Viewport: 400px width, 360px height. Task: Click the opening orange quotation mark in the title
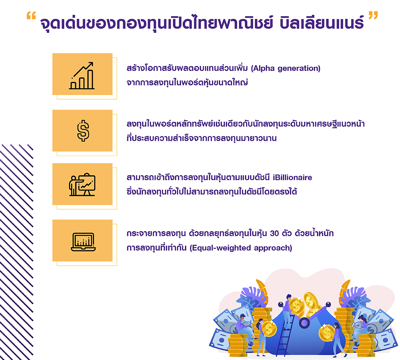[x=31, y=16]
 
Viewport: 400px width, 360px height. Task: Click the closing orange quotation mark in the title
[x=373, y=16]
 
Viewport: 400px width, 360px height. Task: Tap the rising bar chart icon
[x=82, y=76]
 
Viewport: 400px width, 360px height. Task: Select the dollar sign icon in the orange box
[x=83, y=131]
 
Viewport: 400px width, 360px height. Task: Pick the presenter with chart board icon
[x=82, y=185]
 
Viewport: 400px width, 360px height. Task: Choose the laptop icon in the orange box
[x=83, y=242]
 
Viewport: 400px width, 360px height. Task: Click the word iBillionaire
[x=292, y=177]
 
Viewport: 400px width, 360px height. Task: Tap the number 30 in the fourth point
[x=274, y=234]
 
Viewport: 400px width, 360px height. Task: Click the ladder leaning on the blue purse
[x=285, y=335]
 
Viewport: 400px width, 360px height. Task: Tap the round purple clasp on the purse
[x=304, y=323]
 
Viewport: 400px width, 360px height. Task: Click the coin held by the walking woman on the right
[x=326, y=333]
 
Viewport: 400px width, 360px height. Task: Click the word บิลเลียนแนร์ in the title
[x=322, y=22]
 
